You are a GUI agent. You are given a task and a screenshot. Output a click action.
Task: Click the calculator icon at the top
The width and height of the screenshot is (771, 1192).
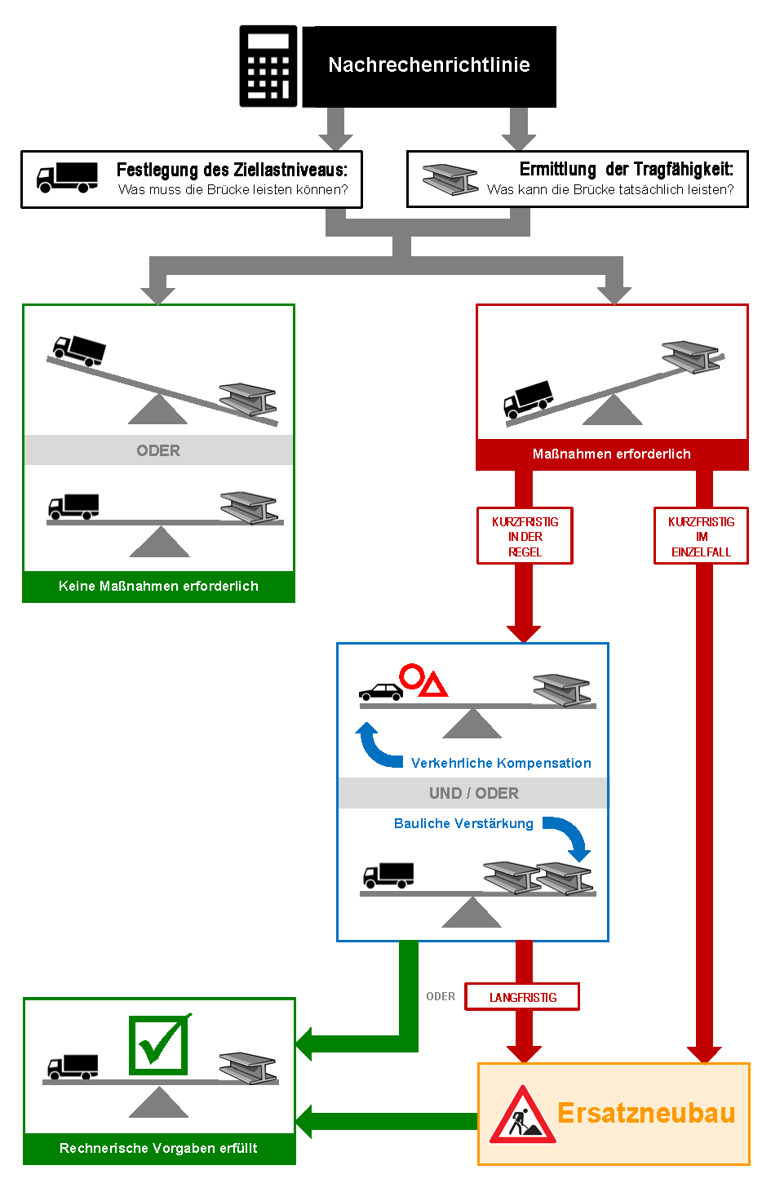pos(268,66)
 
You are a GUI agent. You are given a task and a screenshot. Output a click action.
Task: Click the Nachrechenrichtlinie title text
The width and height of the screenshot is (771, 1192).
pos(429,65)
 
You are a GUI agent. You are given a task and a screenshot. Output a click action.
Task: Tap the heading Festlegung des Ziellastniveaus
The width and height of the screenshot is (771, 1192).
pos(232,170)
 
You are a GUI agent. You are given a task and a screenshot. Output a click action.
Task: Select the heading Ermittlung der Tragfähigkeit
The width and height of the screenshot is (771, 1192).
pos(626,169)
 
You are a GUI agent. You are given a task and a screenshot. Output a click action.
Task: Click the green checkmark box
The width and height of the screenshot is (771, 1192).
pos(158,1044)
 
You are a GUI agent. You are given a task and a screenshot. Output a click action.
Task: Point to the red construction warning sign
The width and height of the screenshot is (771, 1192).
pos(522,1115)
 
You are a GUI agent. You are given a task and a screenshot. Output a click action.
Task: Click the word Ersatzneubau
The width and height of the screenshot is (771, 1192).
pos(646,1113)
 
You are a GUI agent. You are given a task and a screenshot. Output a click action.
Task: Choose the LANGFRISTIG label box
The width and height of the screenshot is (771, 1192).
pos(522,997)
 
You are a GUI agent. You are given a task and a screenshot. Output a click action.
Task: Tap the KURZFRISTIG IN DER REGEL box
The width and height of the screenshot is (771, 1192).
pos(525,536)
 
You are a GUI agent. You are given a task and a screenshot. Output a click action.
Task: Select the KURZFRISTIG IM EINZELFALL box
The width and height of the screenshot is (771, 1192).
pos(701,536)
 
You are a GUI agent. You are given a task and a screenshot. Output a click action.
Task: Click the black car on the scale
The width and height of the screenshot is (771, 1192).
pos(381,692)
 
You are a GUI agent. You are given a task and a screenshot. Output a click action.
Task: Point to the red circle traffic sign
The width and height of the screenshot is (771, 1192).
pos(411,676)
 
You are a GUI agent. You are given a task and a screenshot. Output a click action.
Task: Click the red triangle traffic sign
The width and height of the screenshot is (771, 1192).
pos(434,685)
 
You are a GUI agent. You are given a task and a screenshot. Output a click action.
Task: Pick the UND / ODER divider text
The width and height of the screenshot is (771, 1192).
pos(473,793)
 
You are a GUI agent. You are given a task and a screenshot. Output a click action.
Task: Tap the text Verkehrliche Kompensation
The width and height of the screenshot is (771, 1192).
pos(501,763)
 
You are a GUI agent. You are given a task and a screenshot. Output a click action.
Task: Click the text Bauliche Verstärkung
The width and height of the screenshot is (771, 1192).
pos(463,823)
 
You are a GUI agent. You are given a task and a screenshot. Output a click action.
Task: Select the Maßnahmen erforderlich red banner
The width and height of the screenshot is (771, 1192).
pos(612,454)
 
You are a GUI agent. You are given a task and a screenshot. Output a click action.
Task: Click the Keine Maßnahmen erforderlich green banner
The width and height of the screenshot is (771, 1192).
pos(158,586)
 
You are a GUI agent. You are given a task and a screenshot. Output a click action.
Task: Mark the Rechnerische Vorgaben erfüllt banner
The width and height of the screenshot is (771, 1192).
pos(158,1148)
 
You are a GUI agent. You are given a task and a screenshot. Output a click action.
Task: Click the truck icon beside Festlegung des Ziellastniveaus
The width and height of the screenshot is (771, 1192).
pos(67,177)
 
